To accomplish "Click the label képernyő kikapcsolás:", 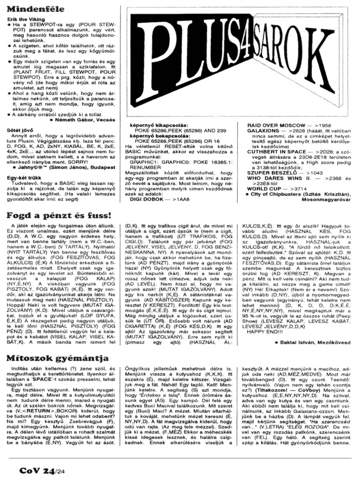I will click(x=157, y=125).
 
